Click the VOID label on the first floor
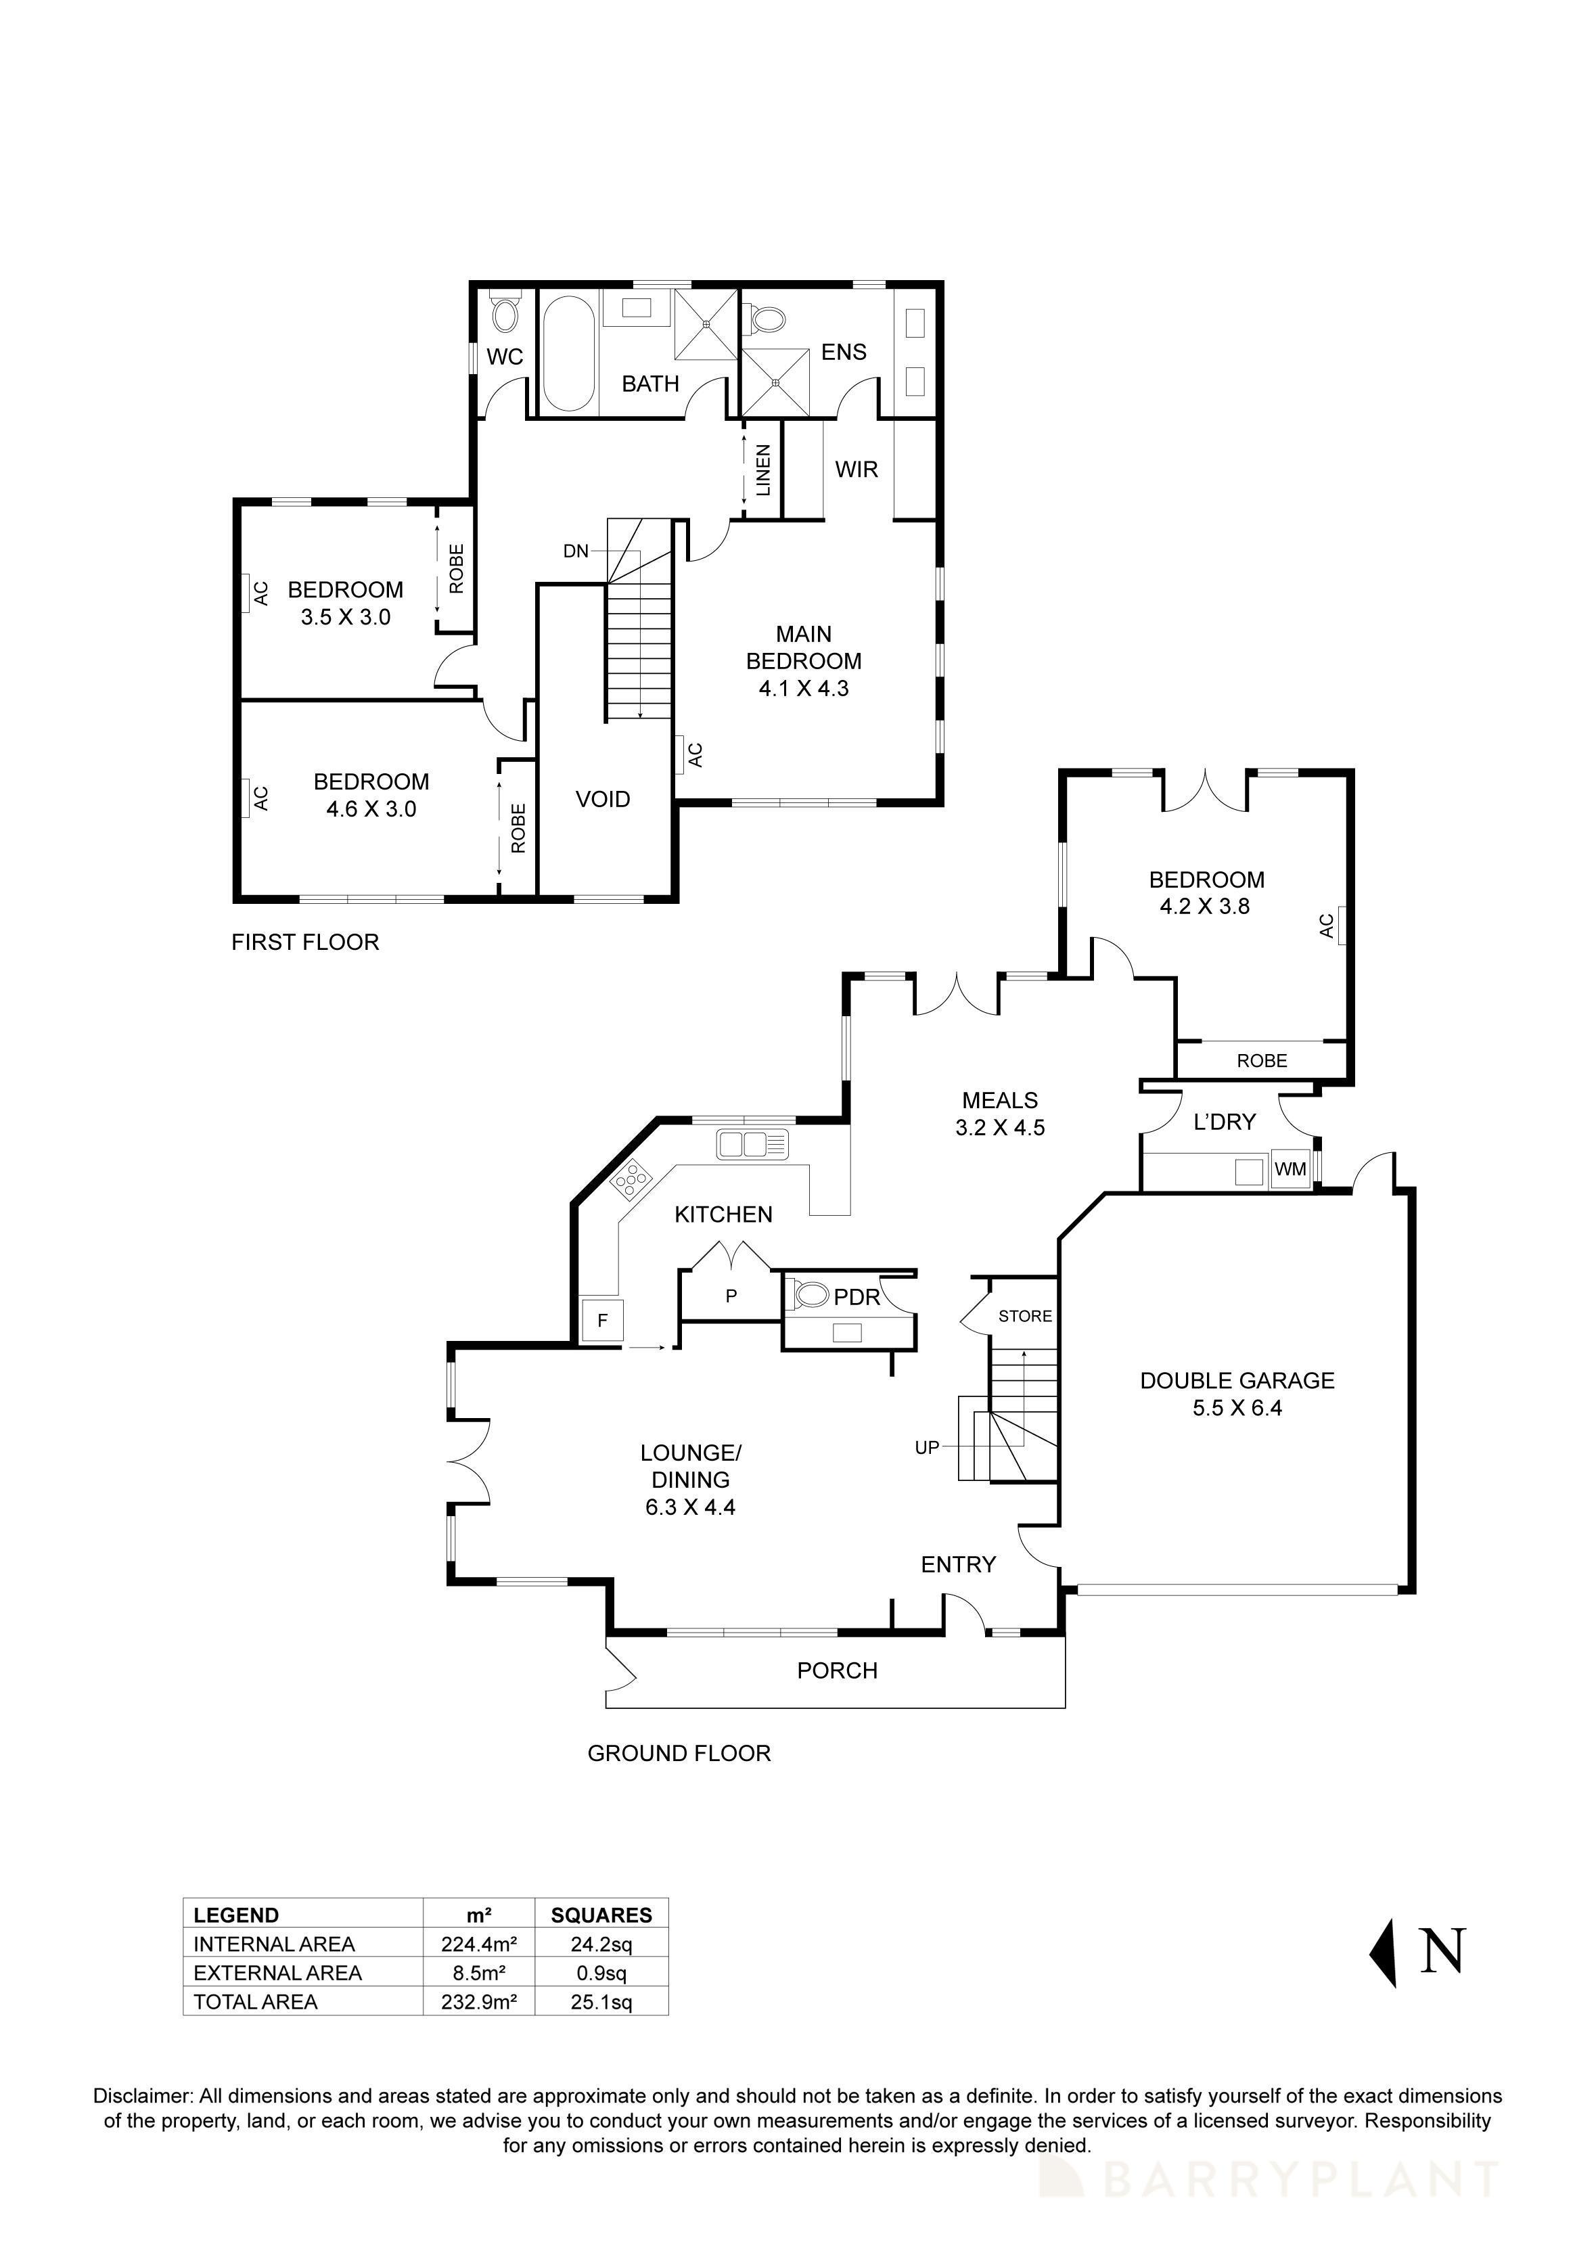602,799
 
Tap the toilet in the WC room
505,313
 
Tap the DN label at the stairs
576,551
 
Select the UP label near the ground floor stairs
927,1447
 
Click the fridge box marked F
602,1320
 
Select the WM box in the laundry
1290,1169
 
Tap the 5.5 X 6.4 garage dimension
1237,1408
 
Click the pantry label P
731,1296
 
